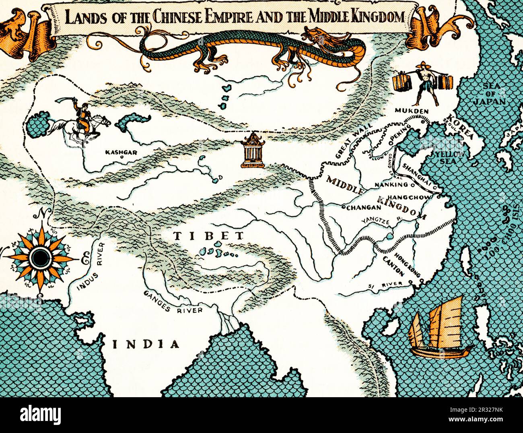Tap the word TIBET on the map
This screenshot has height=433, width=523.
(x=209, y=236)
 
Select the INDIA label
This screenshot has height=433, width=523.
(x=146, y=344)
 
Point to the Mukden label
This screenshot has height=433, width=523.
(x=411, y=111)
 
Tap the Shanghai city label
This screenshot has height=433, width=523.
(x=417, y=175)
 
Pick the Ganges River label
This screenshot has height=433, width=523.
(x=173, y=303)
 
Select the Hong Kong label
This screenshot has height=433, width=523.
(x=408, y=266)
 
